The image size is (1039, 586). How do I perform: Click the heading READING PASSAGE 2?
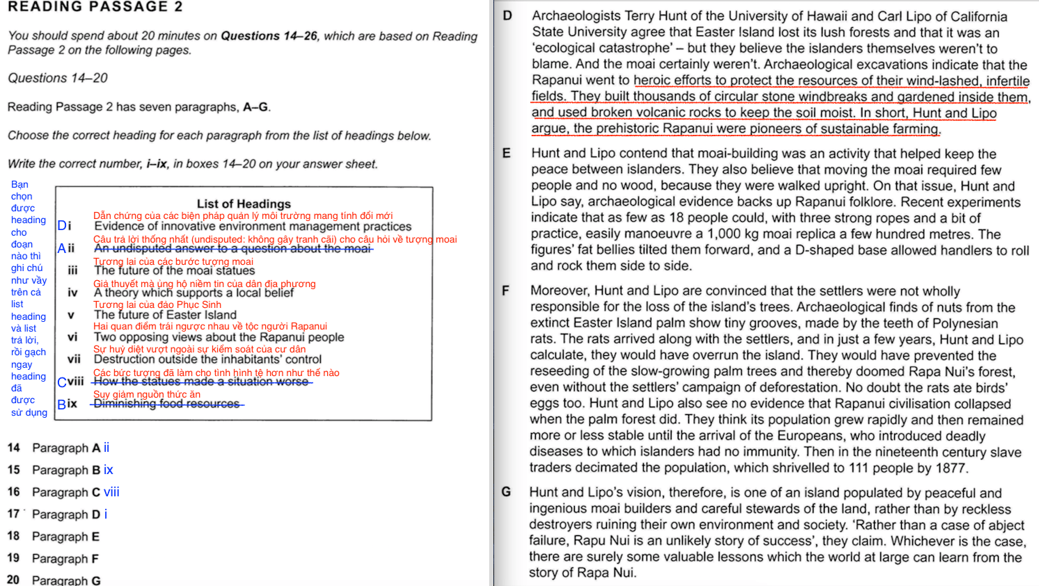tap(95, 7)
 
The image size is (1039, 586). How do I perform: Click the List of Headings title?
tap(244, 204)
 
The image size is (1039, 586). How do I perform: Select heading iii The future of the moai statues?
tap(174, 271)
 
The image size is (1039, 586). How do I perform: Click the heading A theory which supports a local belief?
tap(193, 293)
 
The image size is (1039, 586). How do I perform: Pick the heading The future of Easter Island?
tap(165, 315)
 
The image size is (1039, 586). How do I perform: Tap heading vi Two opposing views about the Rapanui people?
tap(219, 337)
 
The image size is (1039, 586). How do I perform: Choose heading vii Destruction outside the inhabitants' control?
tap(207, 359)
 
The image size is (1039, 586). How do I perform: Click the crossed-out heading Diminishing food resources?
tap(166, 404)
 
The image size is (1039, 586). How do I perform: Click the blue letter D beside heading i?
tap(62, 226)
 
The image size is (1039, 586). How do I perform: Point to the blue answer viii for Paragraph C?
tap(111, 492)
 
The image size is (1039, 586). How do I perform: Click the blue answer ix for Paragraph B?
tap(108, 470)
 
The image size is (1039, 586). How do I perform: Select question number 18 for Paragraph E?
tap(13, 536)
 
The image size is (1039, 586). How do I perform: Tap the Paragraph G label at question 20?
tap(66, 580)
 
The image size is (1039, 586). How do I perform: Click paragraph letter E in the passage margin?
tap(506, 153)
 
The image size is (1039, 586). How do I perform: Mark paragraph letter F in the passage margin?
tap(505, 291)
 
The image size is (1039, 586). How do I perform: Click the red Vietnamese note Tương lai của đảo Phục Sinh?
tap(157, 304)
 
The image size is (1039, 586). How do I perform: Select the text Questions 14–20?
tap(58, 78)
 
